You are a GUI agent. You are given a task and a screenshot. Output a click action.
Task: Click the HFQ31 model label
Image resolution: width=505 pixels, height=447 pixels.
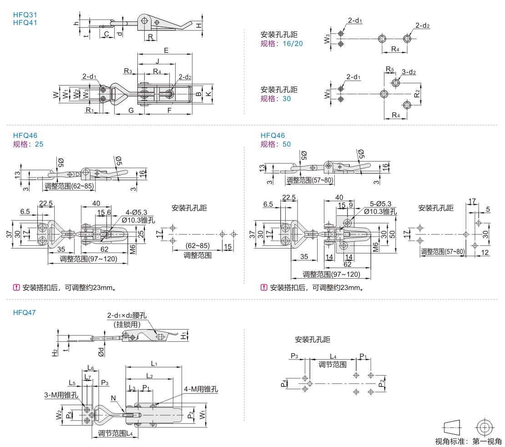(25, 14)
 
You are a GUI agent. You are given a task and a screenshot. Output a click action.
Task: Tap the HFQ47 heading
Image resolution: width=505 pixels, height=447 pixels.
(25, 312)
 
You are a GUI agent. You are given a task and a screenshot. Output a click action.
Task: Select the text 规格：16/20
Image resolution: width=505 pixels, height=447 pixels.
(281, 43)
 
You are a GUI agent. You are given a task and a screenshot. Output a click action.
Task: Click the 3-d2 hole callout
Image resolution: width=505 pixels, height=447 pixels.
(409, 72)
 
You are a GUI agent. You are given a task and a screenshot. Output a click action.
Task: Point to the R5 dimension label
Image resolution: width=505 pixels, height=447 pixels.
(389, 69)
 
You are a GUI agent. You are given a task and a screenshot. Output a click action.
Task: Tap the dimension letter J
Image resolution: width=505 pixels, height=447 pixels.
(157, 61)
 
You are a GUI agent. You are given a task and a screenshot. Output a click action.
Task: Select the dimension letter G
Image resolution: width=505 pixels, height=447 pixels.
(131, 110)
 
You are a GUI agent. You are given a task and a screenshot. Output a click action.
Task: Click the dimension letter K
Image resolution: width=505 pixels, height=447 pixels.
(208, 94)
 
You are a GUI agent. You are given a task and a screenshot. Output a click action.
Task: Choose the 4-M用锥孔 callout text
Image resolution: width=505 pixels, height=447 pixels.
(201, 389)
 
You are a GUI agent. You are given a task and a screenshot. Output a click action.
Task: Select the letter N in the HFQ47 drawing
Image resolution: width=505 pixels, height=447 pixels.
(113, 398)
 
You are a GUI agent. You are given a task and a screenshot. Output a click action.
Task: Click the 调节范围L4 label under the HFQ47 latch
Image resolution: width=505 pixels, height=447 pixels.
(116, 434)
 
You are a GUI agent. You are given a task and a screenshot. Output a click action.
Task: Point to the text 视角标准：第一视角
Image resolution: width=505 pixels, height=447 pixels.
(468, 441)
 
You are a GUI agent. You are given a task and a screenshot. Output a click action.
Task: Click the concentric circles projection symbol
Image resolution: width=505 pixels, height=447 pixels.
(484, 427)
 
